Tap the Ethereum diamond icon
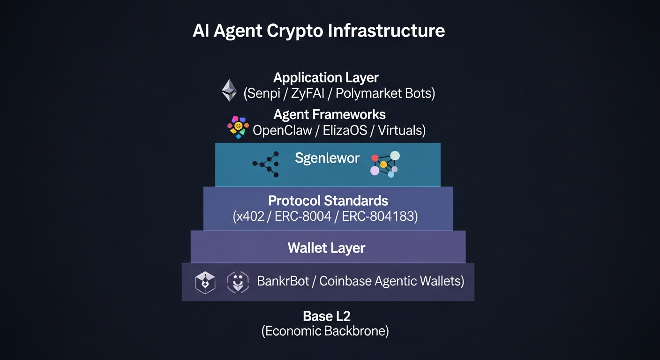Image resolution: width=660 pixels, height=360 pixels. pyautogui.click(x=229, y=90)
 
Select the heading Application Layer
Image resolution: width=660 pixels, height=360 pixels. pyautogui.click(x=326, y=77)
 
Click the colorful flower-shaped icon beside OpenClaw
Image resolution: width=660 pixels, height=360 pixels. pyautogui.click(x=238, y=127)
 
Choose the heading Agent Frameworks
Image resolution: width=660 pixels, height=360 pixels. pyautogui.click(x=329, y=114)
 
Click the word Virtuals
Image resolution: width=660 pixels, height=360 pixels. pyautogui.click(x=401, y=130)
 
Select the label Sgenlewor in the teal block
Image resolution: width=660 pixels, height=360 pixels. pyautogui.click(x=327, y=158)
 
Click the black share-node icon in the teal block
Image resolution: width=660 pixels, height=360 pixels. pyautogui.click(x=267, y=164)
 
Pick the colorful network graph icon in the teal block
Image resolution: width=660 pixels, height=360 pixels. pyautogui.click(x=385, y=164)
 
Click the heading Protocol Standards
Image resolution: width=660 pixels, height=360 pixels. pyautogui.click(x=328, y=201)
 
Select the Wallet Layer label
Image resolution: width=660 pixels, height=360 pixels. pyautogui.click(x=326, y=247)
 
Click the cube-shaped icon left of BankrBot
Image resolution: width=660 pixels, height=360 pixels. pyautogui.click(x=205, y=283)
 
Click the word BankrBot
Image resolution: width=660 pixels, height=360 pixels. pyautogui.click(x=283, y=281)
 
